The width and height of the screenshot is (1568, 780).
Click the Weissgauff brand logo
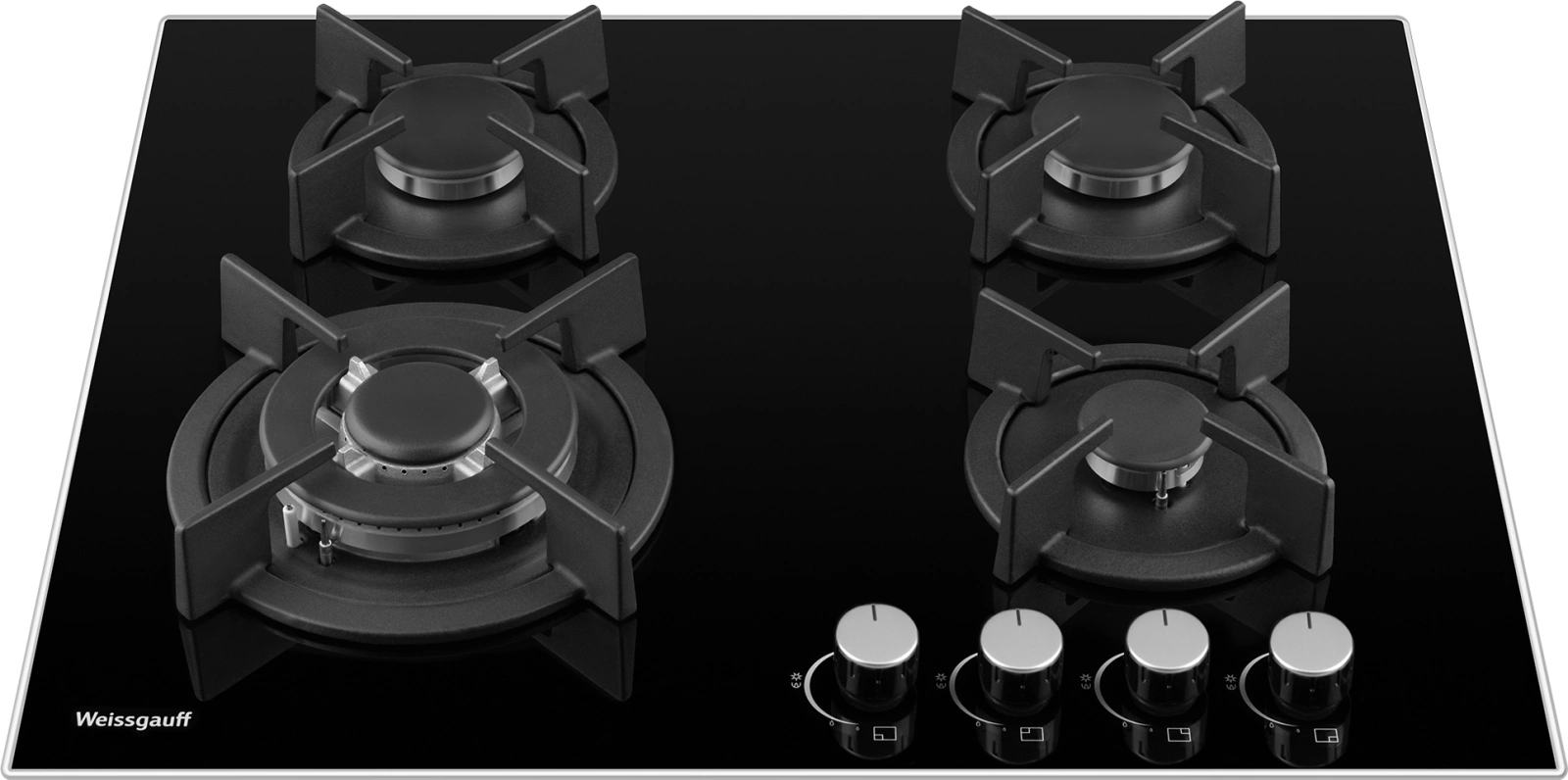(133, 720)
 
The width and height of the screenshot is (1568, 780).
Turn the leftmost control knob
(876, 654)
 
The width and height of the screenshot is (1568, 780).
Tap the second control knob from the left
(1021, 657)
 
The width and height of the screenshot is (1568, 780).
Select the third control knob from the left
(1167, 657)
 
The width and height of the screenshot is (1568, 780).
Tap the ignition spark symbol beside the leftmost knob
(796, 679)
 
